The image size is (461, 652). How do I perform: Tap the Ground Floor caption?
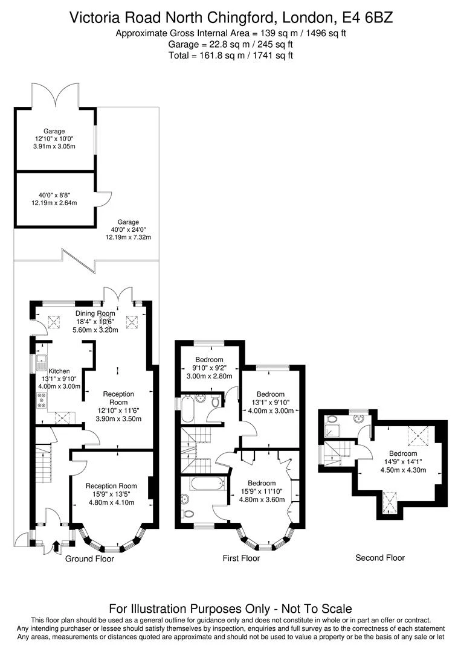89,558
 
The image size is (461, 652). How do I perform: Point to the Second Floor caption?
379,557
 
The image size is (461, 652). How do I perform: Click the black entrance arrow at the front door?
56,547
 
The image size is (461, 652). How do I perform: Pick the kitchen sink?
41,362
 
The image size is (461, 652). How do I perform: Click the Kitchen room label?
59,371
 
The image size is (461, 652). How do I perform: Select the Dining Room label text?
95,313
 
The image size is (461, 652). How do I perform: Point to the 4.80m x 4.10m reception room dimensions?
111,502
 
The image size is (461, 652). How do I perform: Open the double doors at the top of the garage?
55,95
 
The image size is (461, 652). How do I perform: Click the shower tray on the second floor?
333,430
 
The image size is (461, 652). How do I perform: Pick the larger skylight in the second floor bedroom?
416,434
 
